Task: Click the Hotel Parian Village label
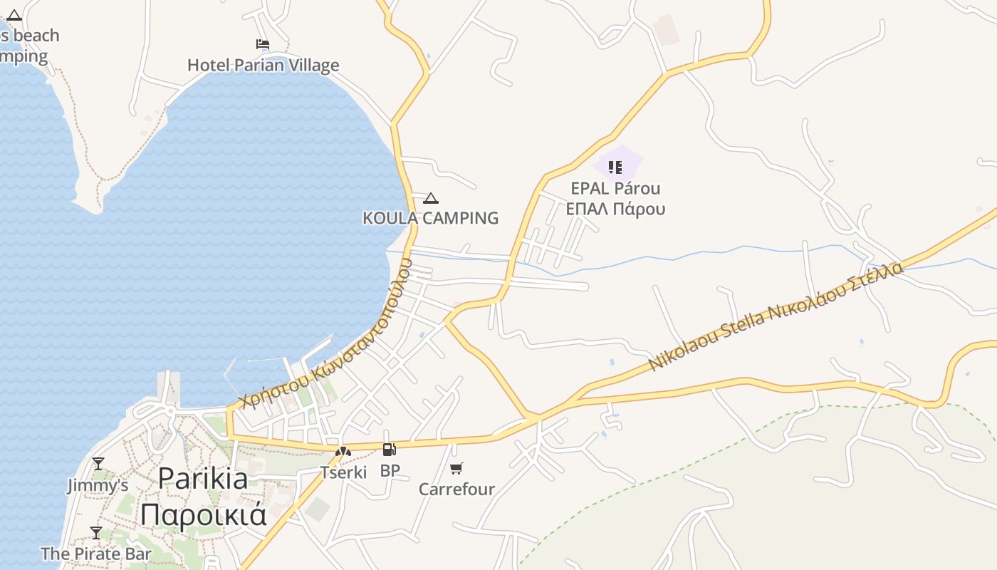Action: pyautogui.click(x=263, y=66)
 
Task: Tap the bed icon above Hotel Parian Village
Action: pyautogui.click(x=263, y=44)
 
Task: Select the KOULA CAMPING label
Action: pyautogui.click(x=431, y=218)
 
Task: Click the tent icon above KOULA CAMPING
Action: pyautogui.click(x=431, y=198)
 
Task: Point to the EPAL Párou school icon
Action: pyautogui.click(x=615, y=167)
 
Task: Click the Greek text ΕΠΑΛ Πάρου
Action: pyautogui.click(x=615, y=209)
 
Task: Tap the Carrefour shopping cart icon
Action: pyautogui.click(x=456, y=468)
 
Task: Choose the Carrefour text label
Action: pyautogui.click(x=456, y=489)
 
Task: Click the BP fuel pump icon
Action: pyautogui.click(x=389, y=449)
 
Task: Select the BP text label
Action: pyautogui.click(x=390, y=470)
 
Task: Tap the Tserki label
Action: pyautogui.click(x=343, y=472)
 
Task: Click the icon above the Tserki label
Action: pyautogui.click(x=343, y=451)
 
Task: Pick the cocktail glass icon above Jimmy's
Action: pyautogui.click(x=98, y=464)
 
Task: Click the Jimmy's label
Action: pyautogui.click(x=98, y=486)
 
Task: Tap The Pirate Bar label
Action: pyautogui.click(x=96, y=554)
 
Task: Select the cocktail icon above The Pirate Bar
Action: pyautogui.click(x=96, y=532)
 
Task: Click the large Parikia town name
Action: pyautogui.click(x=203, y=477)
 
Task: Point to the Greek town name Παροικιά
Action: pyautogui.click(x=203, y=514)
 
